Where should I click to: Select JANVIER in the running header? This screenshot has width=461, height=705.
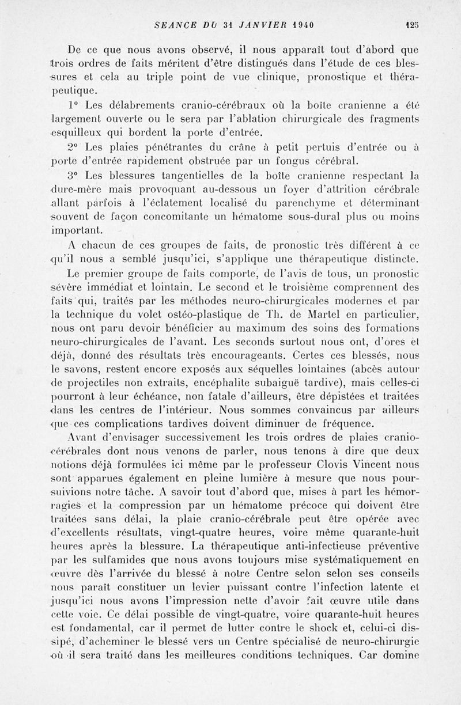click(256, 25)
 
